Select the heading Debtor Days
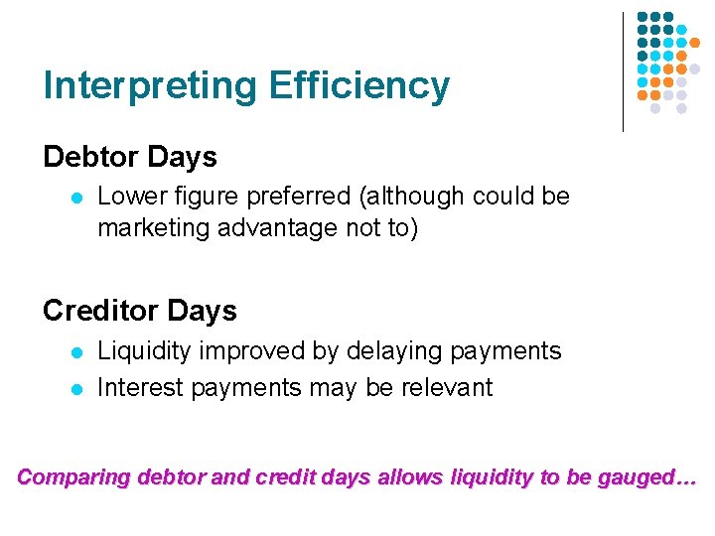tap(129, 157)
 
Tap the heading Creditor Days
tap(140, 311)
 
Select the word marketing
tap(146, 228)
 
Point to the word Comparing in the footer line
tap(74, 477)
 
